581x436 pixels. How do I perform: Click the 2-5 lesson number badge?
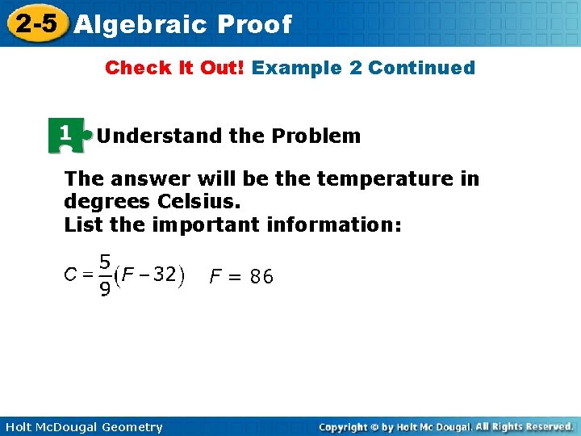(36, 23)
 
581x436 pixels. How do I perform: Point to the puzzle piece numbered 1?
(68, 135)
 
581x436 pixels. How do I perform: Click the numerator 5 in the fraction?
(105, 262)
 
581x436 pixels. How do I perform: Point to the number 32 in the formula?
(165, 275)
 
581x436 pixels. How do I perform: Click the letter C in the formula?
(70, 275)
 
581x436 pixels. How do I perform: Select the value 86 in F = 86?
(261, 278)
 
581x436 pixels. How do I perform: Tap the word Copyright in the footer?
(342, 427)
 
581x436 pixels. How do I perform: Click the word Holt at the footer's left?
(18, 427)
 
